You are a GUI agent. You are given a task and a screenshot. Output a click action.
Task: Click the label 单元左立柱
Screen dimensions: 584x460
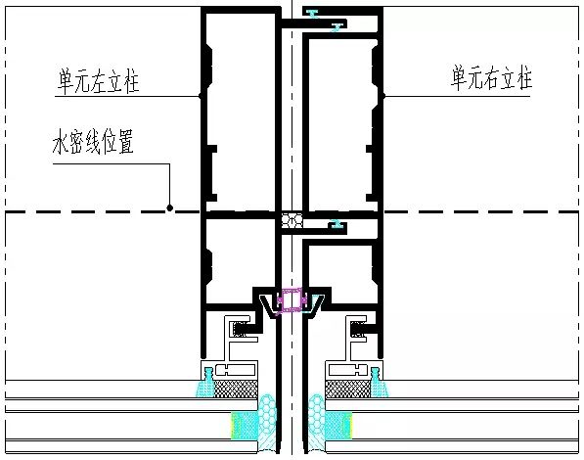tap(98, 80)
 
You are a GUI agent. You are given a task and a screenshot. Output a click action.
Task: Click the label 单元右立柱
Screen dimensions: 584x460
tap(492, 77)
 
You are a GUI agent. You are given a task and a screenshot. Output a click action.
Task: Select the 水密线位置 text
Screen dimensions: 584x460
tap(93, 141)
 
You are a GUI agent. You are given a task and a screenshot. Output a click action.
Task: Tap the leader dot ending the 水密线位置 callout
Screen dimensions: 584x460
tap(170, 207)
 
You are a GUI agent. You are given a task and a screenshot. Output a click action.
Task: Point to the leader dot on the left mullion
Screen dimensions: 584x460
tap(202, 96)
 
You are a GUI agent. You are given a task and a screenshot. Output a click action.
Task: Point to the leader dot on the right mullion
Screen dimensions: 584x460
tap(382, 96)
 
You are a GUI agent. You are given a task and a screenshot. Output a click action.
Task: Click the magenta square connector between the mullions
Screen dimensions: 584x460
tap(292, 299)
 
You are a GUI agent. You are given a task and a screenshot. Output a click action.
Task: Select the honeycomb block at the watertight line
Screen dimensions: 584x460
tap(292, 220)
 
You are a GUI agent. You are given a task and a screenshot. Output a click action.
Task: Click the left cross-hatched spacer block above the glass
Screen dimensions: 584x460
tap(237, 389)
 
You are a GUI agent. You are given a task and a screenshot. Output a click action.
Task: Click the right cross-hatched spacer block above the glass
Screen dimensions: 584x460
tap(348, 389)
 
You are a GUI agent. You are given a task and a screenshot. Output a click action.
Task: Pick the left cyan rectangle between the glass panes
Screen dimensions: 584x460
tap(245, 426)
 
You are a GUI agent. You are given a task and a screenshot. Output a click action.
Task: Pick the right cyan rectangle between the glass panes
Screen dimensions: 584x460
tap(338, 426)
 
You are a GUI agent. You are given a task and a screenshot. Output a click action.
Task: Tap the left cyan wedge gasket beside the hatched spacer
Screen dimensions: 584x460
tap(205, 383)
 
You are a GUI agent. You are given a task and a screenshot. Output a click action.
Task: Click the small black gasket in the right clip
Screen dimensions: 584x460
tap(358, 329)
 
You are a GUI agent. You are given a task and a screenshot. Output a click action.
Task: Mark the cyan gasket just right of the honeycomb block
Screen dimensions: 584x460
tap(337, 225)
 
